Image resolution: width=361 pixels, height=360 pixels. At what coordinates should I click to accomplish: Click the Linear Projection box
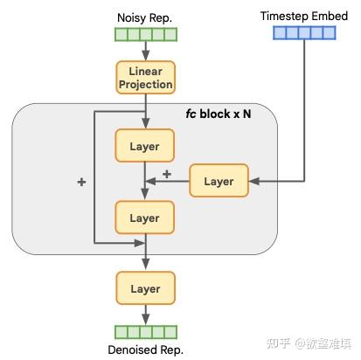click(145, 78)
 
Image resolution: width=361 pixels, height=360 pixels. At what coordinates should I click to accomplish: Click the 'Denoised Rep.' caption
click(145, 351)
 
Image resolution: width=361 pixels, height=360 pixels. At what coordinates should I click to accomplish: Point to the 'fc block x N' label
click(219, 114)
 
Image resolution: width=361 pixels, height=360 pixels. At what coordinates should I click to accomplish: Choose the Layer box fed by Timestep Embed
click(219, 181)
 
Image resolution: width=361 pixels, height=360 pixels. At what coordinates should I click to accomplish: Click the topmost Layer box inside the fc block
click(145, 146)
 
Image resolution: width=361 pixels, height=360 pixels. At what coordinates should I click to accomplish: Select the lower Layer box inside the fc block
click(145, 216)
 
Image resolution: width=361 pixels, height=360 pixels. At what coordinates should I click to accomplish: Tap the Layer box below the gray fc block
click(145, 288)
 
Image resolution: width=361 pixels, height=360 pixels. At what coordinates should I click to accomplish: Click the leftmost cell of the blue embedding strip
click(278, 33)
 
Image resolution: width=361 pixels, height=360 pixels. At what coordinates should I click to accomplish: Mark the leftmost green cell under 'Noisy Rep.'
click(121, 35)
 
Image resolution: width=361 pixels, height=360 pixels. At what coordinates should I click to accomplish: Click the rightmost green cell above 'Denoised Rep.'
click(170, 332)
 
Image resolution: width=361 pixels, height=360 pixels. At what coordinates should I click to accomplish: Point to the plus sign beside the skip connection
click(82, 182)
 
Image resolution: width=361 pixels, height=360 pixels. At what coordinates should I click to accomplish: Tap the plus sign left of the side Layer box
click(167, 173)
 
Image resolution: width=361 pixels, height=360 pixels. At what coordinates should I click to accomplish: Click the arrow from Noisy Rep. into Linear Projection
click(145, 51)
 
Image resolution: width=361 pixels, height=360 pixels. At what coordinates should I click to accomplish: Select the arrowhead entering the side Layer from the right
click(253, 181)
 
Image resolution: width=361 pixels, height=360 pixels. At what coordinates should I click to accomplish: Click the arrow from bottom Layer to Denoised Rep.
click(145, 315)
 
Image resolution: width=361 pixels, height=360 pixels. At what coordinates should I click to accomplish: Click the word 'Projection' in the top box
click(145, 85)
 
